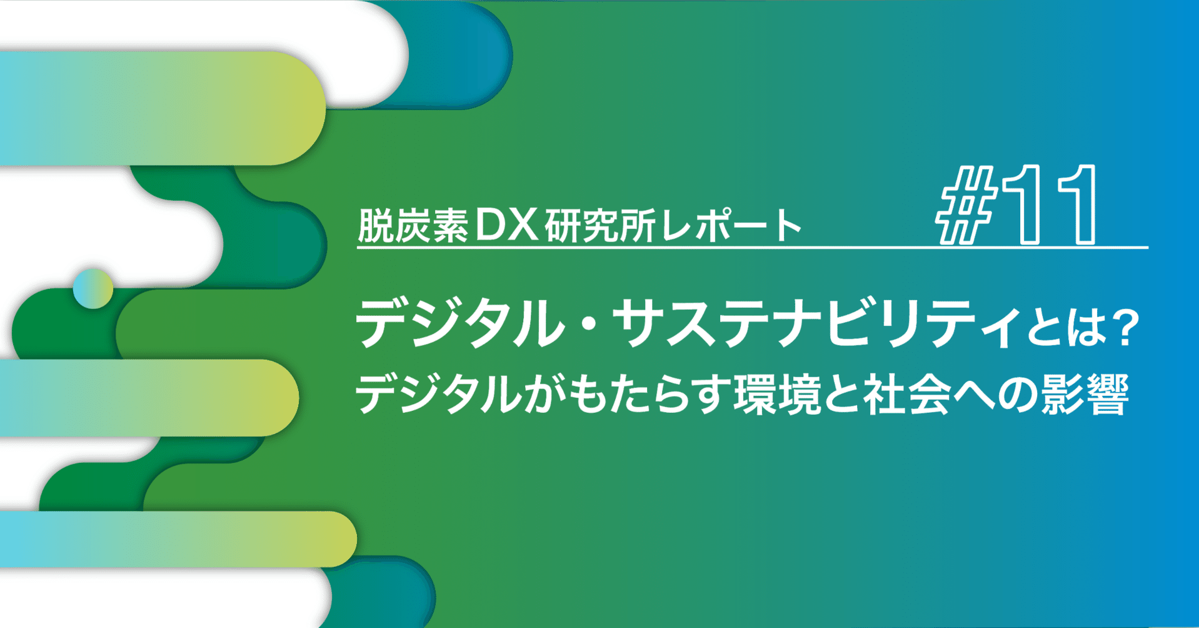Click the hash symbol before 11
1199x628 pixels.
(x=965, y=205)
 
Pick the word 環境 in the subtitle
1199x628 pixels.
(x=777, y=395)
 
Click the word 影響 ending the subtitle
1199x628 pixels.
(x=1085, y=395)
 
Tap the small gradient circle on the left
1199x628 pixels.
(x=93, y=288)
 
